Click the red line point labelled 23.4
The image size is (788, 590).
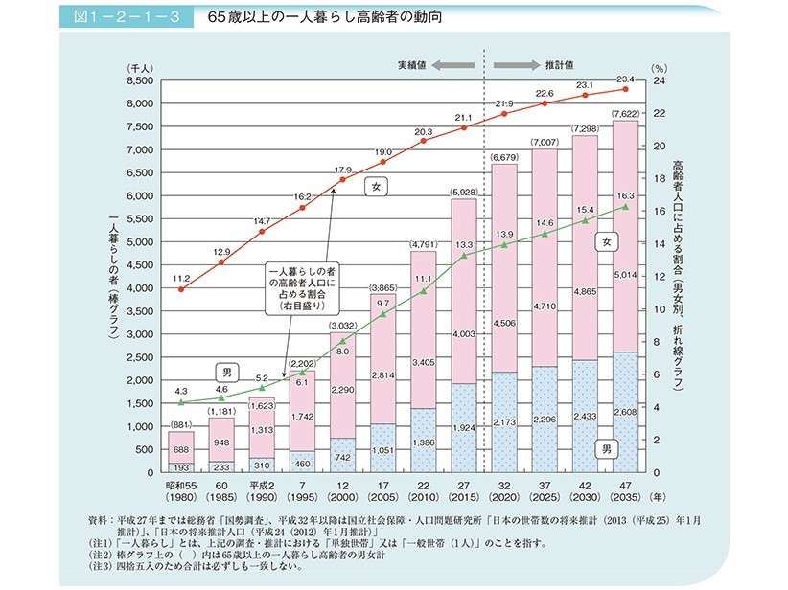625,89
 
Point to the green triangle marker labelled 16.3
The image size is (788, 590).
625,206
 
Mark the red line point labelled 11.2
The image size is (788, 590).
182,289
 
